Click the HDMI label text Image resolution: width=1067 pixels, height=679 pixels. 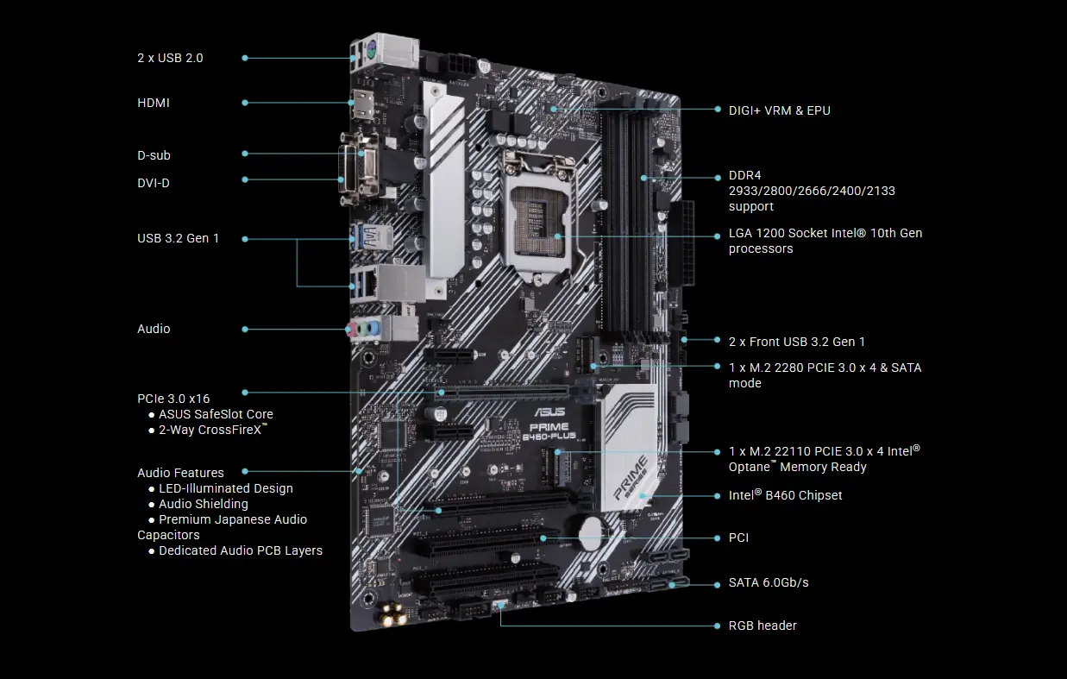(x=154, y=103)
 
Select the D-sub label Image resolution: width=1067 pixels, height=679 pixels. (x=154, y=155)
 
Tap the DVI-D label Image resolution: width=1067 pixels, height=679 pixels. (x=154, y=183)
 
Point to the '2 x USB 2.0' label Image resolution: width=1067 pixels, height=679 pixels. (x=170, y=58)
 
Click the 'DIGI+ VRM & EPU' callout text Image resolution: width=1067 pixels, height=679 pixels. (x=779, y=110)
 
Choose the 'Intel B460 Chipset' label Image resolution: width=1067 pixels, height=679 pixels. (x=785, y=495)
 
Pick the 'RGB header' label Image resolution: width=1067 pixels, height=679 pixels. (x=763, y=626)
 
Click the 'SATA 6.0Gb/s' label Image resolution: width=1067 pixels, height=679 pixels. (x=769, y=582)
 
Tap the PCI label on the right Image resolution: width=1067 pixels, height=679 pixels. (x=738, y=538)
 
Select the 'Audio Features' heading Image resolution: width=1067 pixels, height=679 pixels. (x=180, y=473)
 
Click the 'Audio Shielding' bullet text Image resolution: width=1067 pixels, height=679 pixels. (x=203, y=504)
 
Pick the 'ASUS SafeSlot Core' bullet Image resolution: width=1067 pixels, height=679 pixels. (x=216, y=414)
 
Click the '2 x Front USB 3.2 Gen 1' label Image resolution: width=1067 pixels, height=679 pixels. (x=797, y=342)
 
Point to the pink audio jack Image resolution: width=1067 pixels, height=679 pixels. (x=351, y=330)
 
